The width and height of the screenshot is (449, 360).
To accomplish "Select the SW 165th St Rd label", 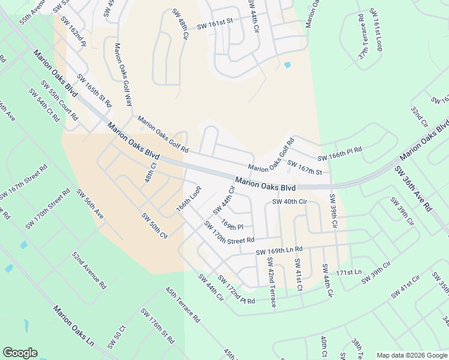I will (x=94, y=90).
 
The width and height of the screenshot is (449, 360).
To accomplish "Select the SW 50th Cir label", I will (x=154, y=225).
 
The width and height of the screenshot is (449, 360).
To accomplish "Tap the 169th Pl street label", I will (x=231, y=224).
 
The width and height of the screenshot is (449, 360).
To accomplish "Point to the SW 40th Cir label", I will (x=289, y=202).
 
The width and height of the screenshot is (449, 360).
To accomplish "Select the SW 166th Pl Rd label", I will (x=340, y=154).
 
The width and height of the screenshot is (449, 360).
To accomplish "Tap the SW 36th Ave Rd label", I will (x=413, y=188).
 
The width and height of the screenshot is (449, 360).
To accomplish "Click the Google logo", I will (x=20, y=353).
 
